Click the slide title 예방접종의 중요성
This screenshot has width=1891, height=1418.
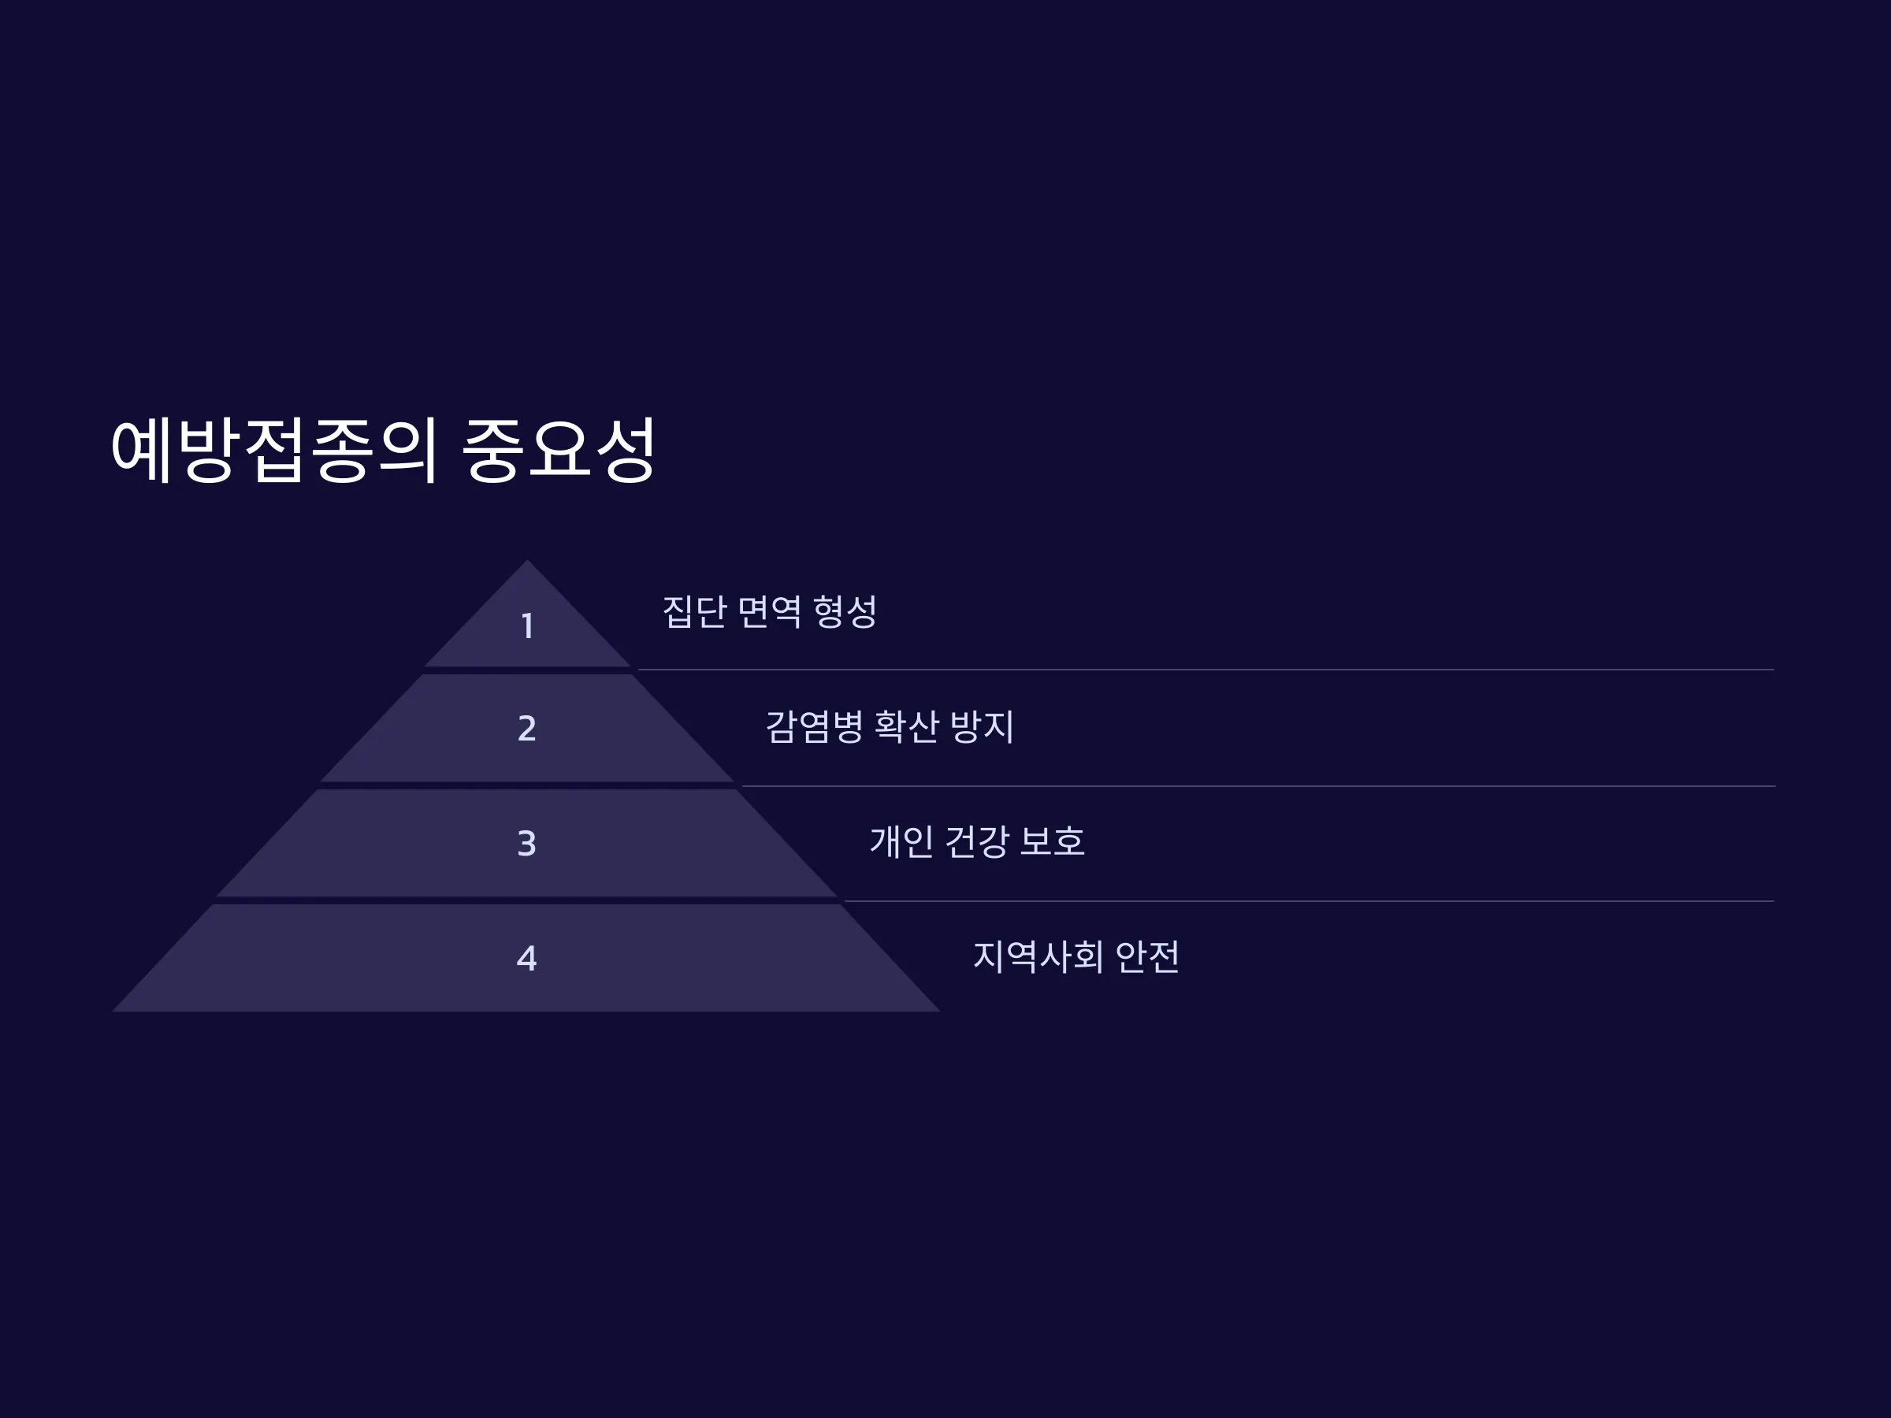point(384,450)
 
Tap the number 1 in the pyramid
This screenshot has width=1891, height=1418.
point(527,625)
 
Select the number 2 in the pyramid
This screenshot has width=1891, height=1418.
point(526,728)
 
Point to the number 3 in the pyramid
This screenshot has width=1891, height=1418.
point(526,844)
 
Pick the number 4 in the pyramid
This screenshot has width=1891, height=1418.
point(526,958)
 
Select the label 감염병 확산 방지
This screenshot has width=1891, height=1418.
point(890,726)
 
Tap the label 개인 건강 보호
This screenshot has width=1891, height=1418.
point(977,841)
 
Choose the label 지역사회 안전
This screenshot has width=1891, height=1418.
point(1076,956)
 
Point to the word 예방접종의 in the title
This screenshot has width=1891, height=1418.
point(275,450)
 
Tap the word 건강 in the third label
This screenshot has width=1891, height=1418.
point(977,841)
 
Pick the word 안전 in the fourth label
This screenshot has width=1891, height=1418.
point(1148,956)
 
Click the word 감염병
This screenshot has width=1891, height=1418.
point(814,726)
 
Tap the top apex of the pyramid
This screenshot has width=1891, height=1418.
point(526,561)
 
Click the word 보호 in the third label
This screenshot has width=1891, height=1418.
point(1053,841)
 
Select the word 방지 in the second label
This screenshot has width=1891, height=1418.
point(983,726)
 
